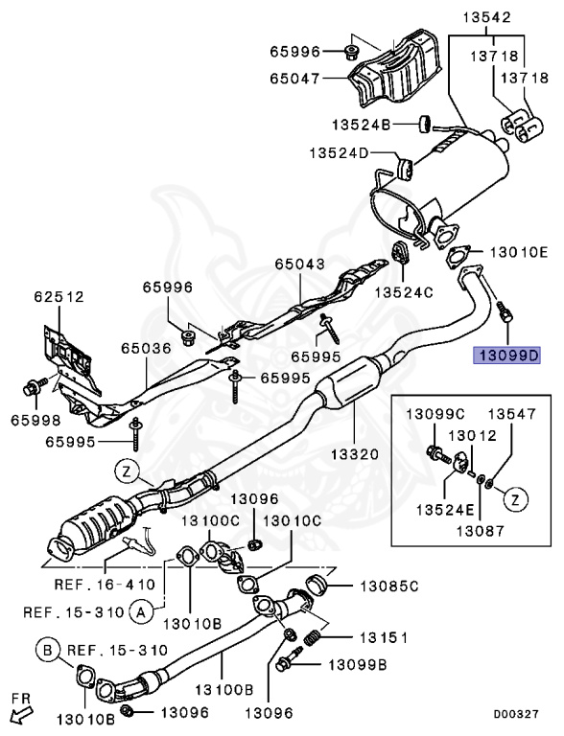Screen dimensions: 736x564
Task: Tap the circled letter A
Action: click(x=140, y=609)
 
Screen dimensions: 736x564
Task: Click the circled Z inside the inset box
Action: click(x=515, y=498)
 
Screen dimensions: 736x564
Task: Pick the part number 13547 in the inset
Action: click(x=512, y=414)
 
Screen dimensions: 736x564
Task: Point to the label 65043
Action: click(x=300, y=264)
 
